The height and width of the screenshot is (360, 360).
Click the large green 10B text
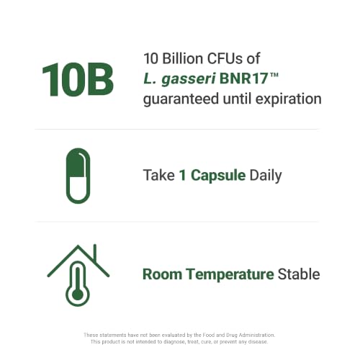click(78, 80)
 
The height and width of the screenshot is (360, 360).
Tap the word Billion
click(183, 58)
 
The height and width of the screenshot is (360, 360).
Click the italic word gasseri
click(189, 79)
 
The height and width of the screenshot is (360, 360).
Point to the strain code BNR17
click(243, 78)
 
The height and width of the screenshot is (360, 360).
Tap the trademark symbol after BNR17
click(274, 75)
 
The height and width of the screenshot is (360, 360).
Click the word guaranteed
click(181, 99)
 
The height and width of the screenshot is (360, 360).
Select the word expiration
click(288, 99)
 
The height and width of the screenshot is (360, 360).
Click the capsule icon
click(78, 176)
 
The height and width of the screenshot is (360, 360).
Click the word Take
click(159, 175)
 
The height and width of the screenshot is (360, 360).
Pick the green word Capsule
click(218, 176)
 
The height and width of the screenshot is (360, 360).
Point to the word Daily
click(266, 176)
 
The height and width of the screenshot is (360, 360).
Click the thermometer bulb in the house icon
click(78, 294)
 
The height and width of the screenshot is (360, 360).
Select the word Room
click(162, 274)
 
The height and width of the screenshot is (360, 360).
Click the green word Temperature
click(230, 274)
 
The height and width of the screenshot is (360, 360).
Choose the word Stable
click(299, 274)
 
